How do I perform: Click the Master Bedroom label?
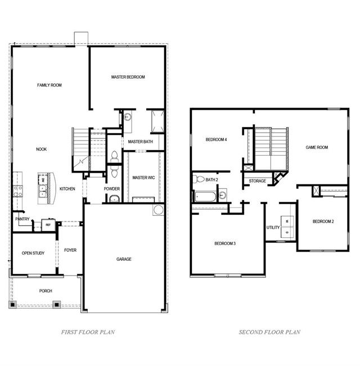click(x=128, y=77)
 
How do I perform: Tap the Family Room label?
click(x=49, y=85)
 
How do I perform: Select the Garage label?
click(x=124, y=259)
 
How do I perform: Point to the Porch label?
click(x=46, y=291)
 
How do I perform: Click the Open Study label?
click(x=33, y=253)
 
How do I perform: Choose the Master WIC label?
click(x=143, y=178)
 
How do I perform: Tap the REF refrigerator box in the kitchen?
click(x=48, y=225)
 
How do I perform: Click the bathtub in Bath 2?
click(x=205, y=197)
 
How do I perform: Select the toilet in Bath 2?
click(x=199, y=179)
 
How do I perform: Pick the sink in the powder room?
click(x=114, y=198)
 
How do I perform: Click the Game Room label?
click(x=317, y=147)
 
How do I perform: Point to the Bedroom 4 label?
click(x=216, y=139)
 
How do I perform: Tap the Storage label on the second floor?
click(x=257, y=181)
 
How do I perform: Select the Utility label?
click(x=273, y=227)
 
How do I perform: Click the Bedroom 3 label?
click(x=225, y=243)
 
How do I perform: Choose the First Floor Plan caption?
click(x=88, y=332)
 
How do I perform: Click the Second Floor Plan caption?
click(x=269, y=332)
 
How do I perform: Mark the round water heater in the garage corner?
click(x=158, y=210)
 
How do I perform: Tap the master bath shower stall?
click(x=158, y=121)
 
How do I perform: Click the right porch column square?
click(x=57, y=305)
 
